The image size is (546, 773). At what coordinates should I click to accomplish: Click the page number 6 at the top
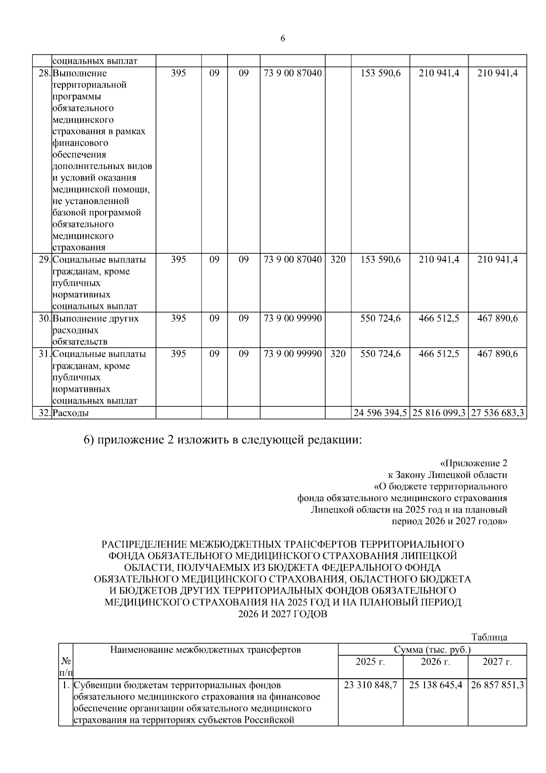[x=283, y=39]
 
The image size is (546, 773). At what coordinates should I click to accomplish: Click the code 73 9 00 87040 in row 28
[x=293, y=73]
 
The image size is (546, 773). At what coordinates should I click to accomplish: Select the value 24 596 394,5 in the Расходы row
[x=380, y=413]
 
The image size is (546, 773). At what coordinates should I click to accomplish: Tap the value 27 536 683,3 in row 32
[x=497, y=413]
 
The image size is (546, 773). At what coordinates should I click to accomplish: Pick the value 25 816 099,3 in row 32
[x=439, y=413]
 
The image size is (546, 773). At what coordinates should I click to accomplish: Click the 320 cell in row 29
[x=338, y=260]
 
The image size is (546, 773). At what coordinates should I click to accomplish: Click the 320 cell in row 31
[x=338, y=354]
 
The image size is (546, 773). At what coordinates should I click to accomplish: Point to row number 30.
[x=44, y=318]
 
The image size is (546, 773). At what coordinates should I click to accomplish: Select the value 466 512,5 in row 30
[x=439, y=318]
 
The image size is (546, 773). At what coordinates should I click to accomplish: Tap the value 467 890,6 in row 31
[x=497, y=354]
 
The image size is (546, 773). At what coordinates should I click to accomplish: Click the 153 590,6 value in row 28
[x=380, y=73]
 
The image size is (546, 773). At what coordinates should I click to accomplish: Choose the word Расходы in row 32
[x=71, y=413]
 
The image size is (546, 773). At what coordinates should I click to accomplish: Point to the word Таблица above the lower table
[x=489, y=637]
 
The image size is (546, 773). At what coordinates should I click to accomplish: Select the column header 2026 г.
[x=435, y=662]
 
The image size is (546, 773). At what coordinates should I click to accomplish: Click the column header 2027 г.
[x=497, y=662]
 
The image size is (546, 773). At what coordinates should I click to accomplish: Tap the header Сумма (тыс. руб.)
[x=432, y=650]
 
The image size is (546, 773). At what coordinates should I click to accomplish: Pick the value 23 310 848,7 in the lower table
[x=370, y=685]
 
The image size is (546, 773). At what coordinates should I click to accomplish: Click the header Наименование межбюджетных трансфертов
[x=205, y=650]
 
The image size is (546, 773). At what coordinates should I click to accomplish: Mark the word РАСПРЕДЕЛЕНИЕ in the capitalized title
[x=144, y=544]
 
